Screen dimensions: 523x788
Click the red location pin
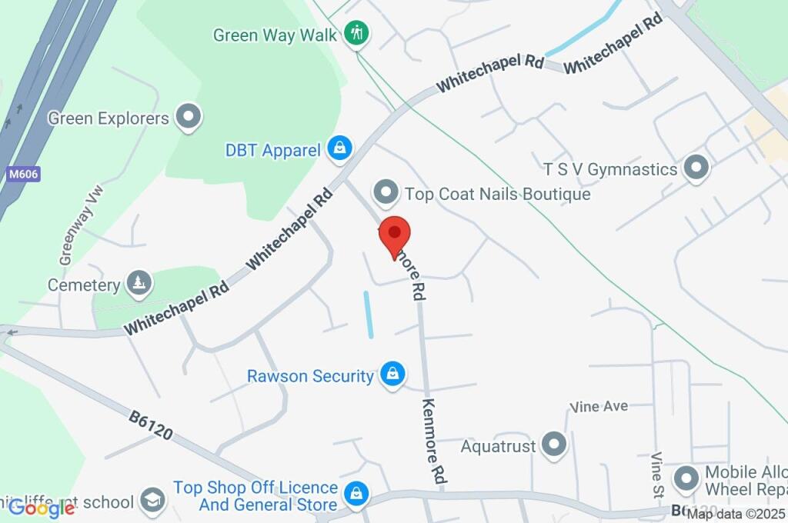tap(395, 235)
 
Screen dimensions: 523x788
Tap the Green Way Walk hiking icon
tap(356, 33)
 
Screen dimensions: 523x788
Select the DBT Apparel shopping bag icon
tap(339, 148)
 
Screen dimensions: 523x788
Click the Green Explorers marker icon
tap(188, 118)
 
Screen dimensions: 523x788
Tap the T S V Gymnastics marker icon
tap(696, 168)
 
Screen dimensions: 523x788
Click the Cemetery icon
tap(139, 285)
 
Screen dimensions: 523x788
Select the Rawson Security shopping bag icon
tap(392, 375)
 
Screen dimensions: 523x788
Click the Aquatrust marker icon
tap(554, 445)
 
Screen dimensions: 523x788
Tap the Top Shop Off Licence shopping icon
tap(356, 495)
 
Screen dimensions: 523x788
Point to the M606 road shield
tap(24, 175)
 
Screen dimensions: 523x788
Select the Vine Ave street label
tap(599, 406)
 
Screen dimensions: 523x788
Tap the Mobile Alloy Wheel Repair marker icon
tap(686, 480)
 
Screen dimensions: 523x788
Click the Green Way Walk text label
tap(275, 35)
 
